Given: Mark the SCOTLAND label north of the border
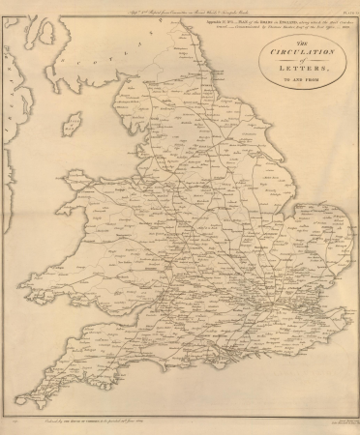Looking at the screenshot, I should click(x=97, y=60).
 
